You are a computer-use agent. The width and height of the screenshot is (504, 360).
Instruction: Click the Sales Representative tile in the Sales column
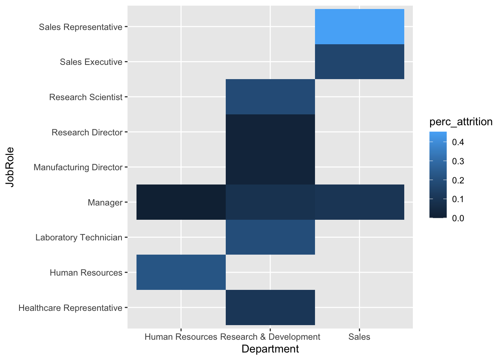click(x=359, y=27)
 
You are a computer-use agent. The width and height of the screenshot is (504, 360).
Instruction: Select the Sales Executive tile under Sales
click(x=359, y=61)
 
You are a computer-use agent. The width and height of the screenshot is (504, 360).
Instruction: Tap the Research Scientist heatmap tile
click(x=270, y=97)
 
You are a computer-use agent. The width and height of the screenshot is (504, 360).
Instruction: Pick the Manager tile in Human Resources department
click(x=181, y=202)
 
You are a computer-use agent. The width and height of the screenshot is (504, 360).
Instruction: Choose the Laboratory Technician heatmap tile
click(x=270, y=237)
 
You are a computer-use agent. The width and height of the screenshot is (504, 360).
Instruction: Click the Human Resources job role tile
click(x=181, y=272)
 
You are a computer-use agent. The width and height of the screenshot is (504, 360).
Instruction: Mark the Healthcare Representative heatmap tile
click(x=270, y=307)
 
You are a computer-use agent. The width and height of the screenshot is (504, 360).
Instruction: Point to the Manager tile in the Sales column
click(x=359, y=202)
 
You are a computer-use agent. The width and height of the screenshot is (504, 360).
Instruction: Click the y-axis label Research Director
click(x=87, y=132)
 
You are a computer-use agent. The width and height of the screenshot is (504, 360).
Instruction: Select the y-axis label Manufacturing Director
click(x=78, y=167)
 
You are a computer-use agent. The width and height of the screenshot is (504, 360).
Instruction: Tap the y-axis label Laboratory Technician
click(x=79, y=237)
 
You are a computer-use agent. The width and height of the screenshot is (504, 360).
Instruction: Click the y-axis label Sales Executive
click(x=91, y=62)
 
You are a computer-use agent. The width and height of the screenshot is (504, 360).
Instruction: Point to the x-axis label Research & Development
click(x=270, y=337)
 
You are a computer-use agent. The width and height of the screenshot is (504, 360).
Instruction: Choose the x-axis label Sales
click(x=359, y=337)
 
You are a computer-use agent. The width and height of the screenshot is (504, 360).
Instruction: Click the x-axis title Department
click(x=270, y=349)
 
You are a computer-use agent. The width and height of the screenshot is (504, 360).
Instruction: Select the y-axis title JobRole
click(x=10, y=167)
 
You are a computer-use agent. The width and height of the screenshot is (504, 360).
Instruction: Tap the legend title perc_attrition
click(x=461, y=122)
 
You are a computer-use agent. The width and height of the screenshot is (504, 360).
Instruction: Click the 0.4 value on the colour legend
click(x=458, y=142)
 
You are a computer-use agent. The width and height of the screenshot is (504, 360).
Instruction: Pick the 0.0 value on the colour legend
click(x=458, y=218)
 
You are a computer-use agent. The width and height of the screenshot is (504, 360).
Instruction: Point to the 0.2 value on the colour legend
click(x=458, y=180)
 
